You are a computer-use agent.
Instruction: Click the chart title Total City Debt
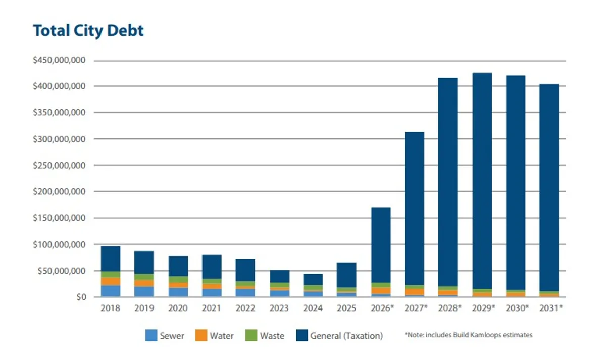pos(88,30)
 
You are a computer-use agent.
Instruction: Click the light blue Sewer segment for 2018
pos(111,291)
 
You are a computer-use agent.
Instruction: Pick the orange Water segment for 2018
pos(111,281)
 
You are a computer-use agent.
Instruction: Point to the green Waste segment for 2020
pos(178,279)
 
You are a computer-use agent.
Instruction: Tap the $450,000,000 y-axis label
pos(59,60)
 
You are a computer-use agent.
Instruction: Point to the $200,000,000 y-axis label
pos(59,192)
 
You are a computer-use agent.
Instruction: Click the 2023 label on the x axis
pos(279,308)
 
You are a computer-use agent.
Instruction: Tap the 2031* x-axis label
pos(550,308)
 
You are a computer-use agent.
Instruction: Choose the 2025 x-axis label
pos(346,308)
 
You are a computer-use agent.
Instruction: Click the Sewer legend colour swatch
pos(151,335)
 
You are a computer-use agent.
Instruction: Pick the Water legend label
pos(222,335)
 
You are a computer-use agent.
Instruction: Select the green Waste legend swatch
pos(251,335)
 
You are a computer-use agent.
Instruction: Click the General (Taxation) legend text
pos(346,335)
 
